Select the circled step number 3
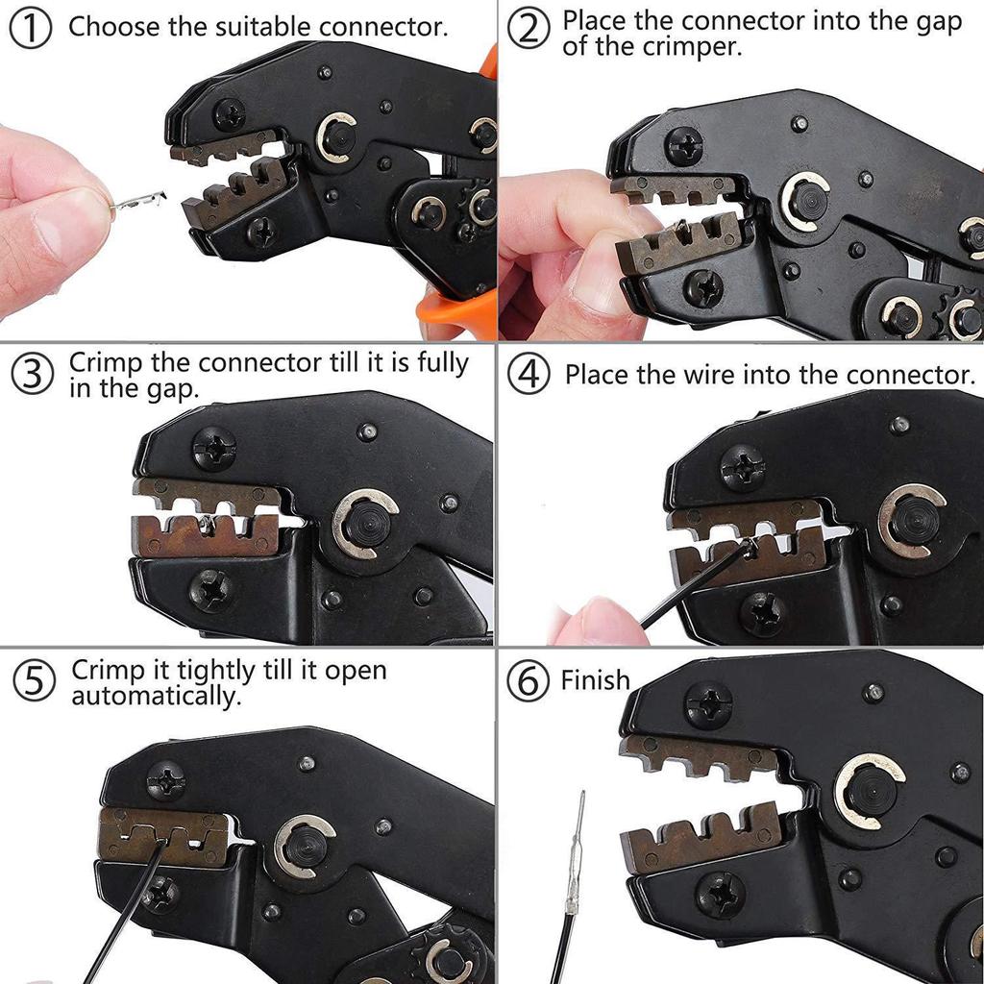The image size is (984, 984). [34, 375]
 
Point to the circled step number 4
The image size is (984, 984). [529, 375]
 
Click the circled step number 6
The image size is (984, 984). [528, 682]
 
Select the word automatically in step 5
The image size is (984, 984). [157, 696]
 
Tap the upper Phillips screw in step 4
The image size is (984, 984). [742, 468]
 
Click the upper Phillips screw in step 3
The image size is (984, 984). [213, 448]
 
